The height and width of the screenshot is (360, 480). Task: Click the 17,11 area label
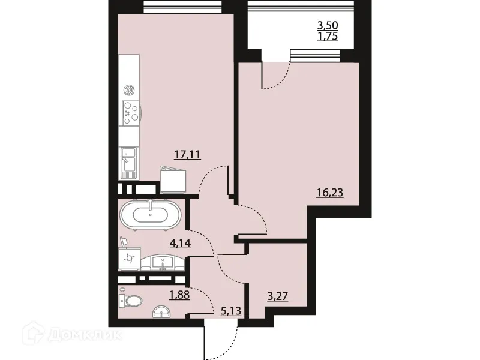[187, 154]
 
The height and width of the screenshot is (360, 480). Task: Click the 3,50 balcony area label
[328, 25]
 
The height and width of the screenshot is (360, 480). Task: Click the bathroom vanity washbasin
[163, 262]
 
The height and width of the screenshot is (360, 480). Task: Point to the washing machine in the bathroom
[129, 258]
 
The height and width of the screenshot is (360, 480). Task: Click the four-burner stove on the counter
[130, 112]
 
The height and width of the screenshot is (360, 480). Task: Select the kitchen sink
[129, 161]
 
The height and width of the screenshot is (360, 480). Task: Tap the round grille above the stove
[128, 91]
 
